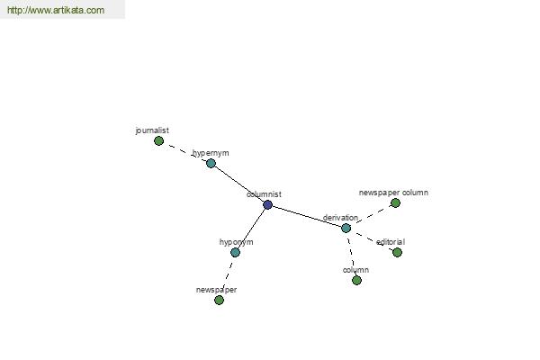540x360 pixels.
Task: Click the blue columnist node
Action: pos(267,204)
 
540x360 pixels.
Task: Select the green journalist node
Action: pos(158,140)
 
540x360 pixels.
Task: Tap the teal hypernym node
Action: pos(211,163)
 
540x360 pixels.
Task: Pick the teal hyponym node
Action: pos(235,252)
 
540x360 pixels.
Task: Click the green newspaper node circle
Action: pos(219,300)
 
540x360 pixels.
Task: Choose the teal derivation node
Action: pos(346,228)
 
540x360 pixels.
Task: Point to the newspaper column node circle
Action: pos(395,202)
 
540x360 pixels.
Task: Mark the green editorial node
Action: pos(397,252)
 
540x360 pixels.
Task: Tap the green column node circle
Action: pos(356,280)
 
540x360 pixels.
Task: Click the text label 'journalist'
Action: pos(152,130)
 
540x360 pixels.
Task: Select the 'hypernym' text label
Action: pos(211,153)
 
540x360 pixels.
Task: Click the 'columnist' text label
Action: pos(264,194)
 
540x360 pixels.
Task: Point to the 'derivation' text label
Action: pos(340,218)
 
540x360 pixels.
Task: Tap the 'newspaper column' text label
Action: pos(393,193)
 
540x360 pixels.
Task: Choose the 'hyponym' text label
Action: pos(236,242)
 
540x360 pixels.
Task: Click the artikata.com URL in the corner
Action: pos(56,10)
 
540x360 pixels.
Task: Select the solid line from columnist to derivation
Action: pos(307,216)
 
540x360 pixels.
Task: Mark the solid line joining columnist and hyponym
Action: pos(251,229)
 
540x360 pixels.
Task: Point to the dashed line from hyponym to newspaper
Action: pos(227,276)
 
